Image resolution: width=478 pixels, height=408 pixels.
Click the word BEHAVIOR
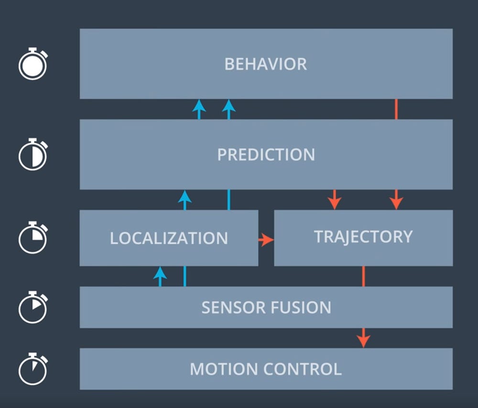pos(265,64)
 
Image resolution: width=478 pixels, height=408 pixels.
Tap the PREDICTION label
pos(266,155)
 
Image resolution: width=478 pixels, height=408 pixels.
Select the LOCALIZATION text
pos(169,238)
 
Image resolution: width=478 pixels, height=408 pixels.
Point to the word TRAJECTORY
pos(363,237)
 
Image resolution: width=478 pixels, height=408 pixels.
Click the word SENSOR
pos(234,307)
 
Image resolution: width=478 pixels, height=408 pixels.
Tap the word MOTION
pos(224,369)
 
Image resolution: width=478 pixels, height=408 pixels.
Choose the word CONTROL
pos(303,369)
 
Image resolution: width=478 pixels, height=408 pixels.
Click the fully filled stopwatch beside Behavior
pos(33,63)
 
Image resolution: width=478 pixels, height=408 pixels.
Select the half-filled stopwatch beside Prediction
pos(33,154)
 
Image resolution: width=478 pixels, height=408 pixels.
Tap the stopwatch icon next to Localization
pos(33,238)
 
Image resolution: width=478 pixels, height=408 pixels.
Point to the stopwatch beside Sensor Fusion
pos(33,307)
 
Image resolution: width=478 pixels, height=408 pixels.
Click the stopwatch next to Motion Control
pos(33,369)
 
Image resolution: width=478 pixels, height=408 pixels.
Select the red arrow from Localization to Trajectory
pos(266,240)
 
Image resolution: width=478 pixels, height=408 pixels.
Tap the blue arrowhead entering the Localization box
pos(160,272)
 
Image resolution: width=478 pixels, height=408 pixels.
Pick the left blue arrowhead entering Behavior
pos(199,105)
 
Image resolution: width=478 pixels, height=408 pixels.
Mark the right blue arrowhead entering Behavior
pos(229,105)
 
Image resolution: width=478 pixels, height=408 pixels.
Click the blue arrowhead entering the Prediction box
pos(185,196)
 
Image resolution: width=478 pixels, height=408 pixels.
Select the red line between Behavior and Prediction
pos(396,109)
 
